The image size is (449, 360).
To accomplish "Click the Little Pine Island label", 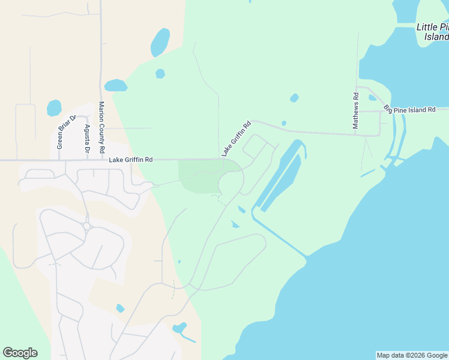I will click(433, 32).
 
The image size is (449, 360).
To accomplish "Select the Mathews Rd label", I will click(355, 110).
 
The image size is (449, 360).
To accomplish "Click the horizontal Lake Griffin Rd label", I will click(131, 160).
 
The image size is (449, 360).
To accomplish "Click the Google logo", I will click(20, 353).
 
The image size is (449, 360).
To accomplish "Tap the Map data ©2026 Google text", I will click(412, 355).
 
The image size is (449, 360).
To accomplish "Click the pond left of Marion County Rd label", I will click(54, 108).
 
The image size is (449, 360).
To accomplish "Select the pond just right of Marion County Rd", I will click(115, 85).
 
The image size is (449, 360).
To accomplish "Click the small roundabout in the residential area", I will click(87, 226).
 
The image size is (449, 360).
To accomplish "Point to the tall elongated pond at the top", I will click(160, 42).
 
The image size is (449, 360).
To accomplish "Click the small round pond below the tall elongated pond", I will click(160, 73).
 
